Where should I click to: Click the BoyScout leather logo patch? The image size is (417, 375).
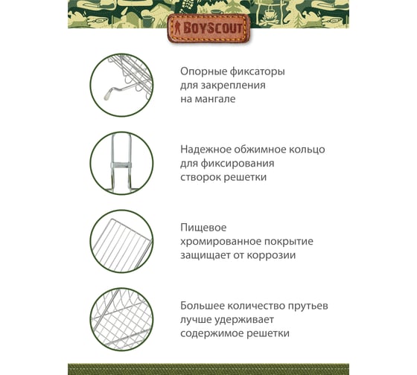(208, 28)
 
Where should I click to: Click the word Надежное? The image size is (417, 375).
(206, 150)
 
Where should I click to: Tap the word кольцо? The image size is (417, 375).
(306, 150)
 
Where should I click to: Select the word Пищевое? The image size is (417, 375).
(203, 228)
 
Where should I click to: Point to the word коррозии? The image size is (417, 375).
(271, 256)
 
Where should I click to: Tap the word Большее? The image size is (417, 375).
(202, 306)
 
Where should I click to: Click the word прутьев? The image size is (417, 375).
(308, 307)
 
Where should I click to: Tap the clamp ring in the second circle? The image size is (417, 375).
(121, 165)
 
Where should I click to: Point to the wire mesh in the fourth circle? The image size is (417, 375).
(122, 320)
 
